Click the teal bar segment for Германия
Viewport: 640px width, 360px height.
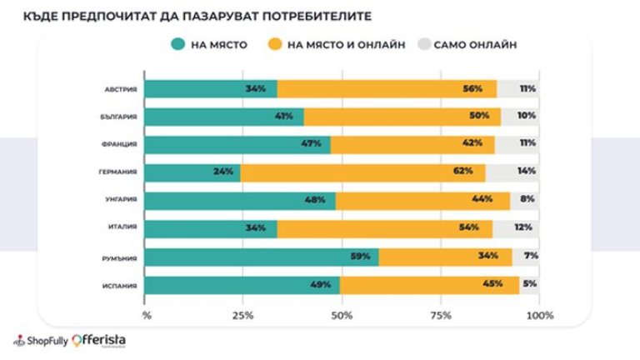point(192,172)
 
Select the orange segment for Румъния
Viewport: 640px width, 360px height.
point(445,257)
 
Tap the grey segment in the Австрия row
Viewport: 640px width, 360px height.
point(517,88)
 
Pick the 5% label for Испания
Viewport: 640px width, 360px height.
point(528,284)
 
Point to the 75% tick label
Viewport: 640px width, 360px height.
point(441,316)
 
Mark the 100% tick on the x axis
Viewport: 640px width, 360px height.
point(539,316)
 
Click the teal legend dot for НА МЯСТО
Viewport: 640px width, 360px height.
point(177,44)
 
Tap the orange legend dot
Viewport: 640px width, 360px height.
point(273,44)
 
